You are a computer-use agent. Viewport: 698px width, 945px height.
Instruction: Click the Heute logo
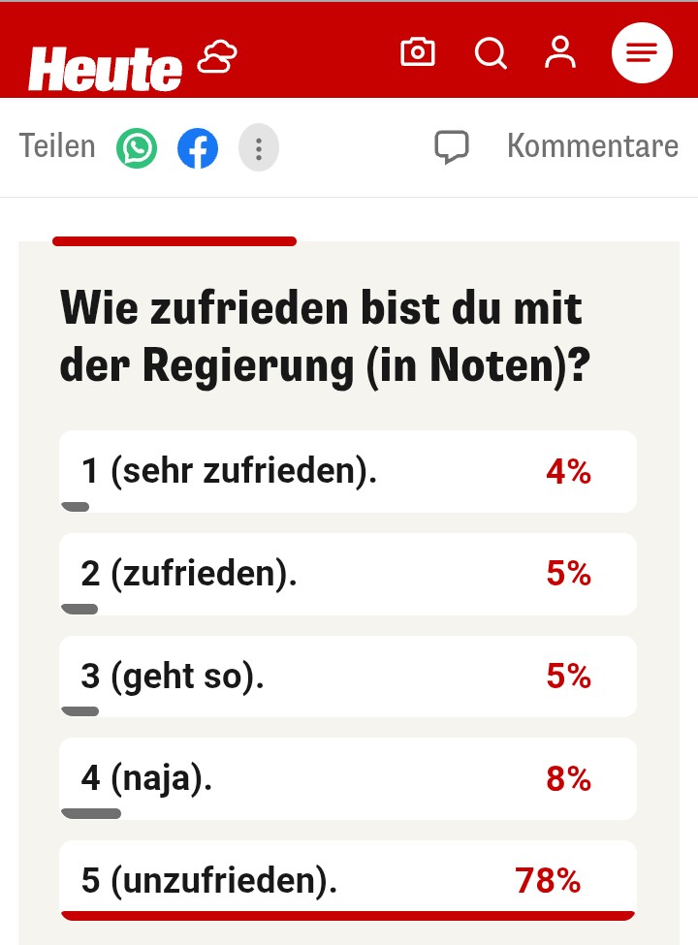point(105,68)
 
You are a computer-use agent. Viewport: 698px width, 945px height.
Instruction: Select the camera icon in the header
point(418,52)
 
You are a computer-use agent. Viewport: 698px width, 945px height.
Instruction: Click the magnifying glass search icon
point(491,52)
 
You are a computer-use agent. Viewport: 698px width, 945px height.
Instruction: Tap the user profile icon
point(560,52)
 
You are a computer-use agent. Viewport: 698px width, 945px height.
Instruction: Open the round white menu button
point(642,52)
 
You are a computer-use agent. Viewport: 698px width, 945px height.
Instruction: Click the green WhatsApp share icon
point(137,148)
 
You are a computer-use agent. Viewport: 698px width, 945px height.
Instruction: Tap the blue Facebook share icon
point(198,148)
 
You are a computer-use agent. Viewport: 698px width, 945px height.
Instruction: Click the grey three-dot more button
point(259,148)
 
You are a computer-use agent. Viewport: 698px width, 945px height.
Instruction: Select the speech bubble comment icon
point(452,147)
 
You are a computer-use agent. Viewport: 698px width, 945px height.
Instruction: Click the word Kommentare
point(592,146)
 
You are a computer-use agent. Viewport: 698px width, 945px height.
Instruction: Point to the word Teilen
point(57,146)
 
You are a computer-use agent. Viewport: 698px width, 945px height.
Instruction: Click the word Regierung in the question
point(247,365)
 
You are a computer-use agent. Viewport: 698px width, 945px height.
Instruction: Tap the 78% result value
point(548,881)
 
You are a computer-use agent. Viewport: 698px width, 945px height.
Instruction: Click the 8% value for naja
point(569,778)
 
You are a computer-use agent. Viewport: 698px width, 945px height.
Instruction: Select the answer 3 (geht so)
point(174,677)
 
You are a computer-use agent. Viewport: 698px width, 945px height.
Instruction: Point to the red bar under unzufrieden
point(348,914)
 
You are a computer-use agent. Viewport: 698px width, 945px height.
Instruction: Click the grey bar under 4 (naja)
point(91,813)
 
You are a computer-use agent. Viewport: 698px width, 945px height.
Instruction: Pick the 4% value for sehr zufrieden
point(569,472)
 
